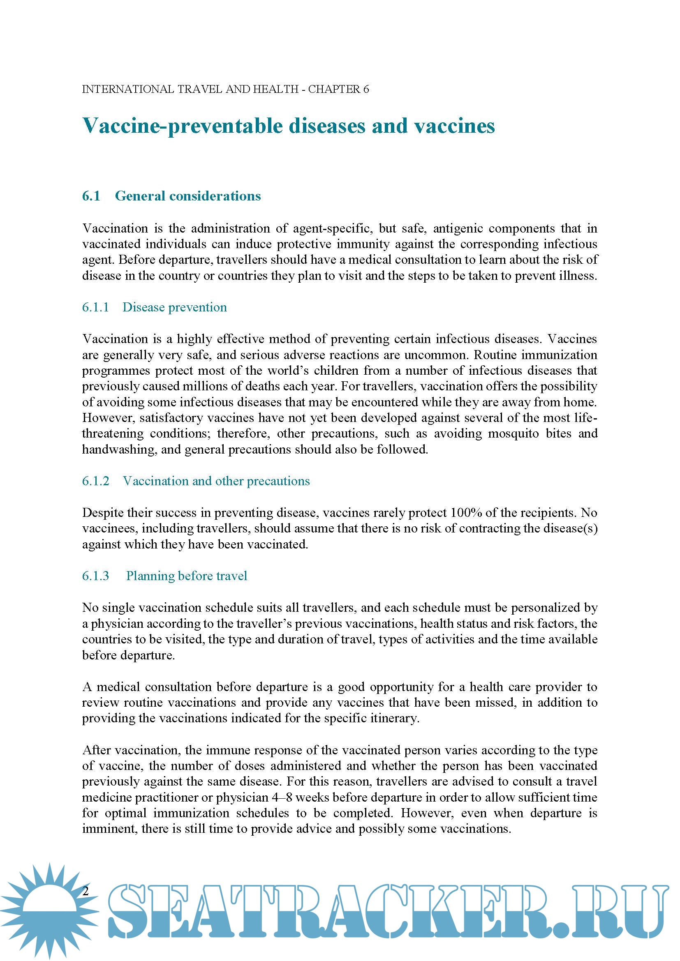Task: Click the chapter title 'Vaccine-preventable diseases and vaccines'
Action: (x=289, y=126)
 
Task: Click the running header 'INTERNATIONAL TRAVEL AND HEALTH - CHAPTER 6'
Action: (x=225, y=89)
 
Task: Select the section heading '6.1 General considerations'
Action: (x=171, y=196)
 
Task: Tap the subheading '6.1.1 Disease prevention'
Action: (x=154, y=307)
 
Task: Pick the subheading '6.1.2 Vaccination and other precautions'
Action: (x=196, y=481)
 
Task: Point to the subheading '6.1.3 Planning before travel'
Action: (x=164, y=576)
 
